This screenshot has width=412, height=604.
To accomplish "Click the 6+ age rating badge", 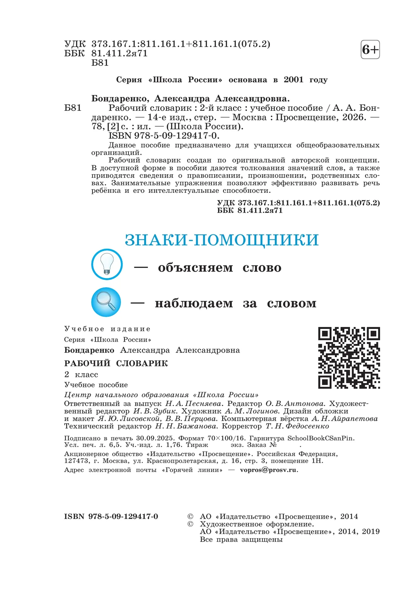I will (x=370, y=50).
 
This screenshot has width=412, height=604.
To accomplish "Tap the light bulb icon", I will (x=107, y=264).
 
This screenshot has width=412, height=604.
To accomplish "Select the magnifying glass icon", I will (x=106, y=302).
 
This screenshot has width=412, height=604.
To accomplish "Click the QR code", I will (x=349, y=357).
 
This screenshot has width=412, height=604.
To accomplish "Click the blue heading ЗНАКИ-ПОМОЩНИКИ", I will (x=221, y=240).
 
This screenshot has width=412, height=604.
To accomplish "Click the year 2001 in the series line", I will (x=293, y=80).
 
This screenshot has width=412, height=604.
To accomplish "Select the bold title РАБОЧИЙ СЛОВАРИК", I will (x=116, y=363).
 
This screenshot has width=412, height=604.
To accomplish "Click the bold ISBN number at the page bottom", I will (x=111, y=517).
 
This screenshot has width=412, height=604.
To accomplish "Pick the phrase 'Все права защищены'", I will (x=241, y=540).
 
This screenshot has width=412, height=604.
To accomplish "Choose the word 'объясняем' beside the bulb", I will (x=195, y=268).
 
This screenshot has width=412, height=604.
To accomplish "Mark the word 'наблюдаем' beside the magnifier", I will (x=194, y=304).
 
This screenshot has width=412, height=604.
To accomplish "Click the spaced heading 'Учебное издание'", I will (x=107, y=329).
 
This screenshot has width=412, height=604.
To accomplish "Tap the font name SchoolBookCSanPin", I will (x=320, y=438).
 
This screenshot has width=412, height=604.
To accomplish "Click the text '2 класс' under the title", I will (x=81, y=375).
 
